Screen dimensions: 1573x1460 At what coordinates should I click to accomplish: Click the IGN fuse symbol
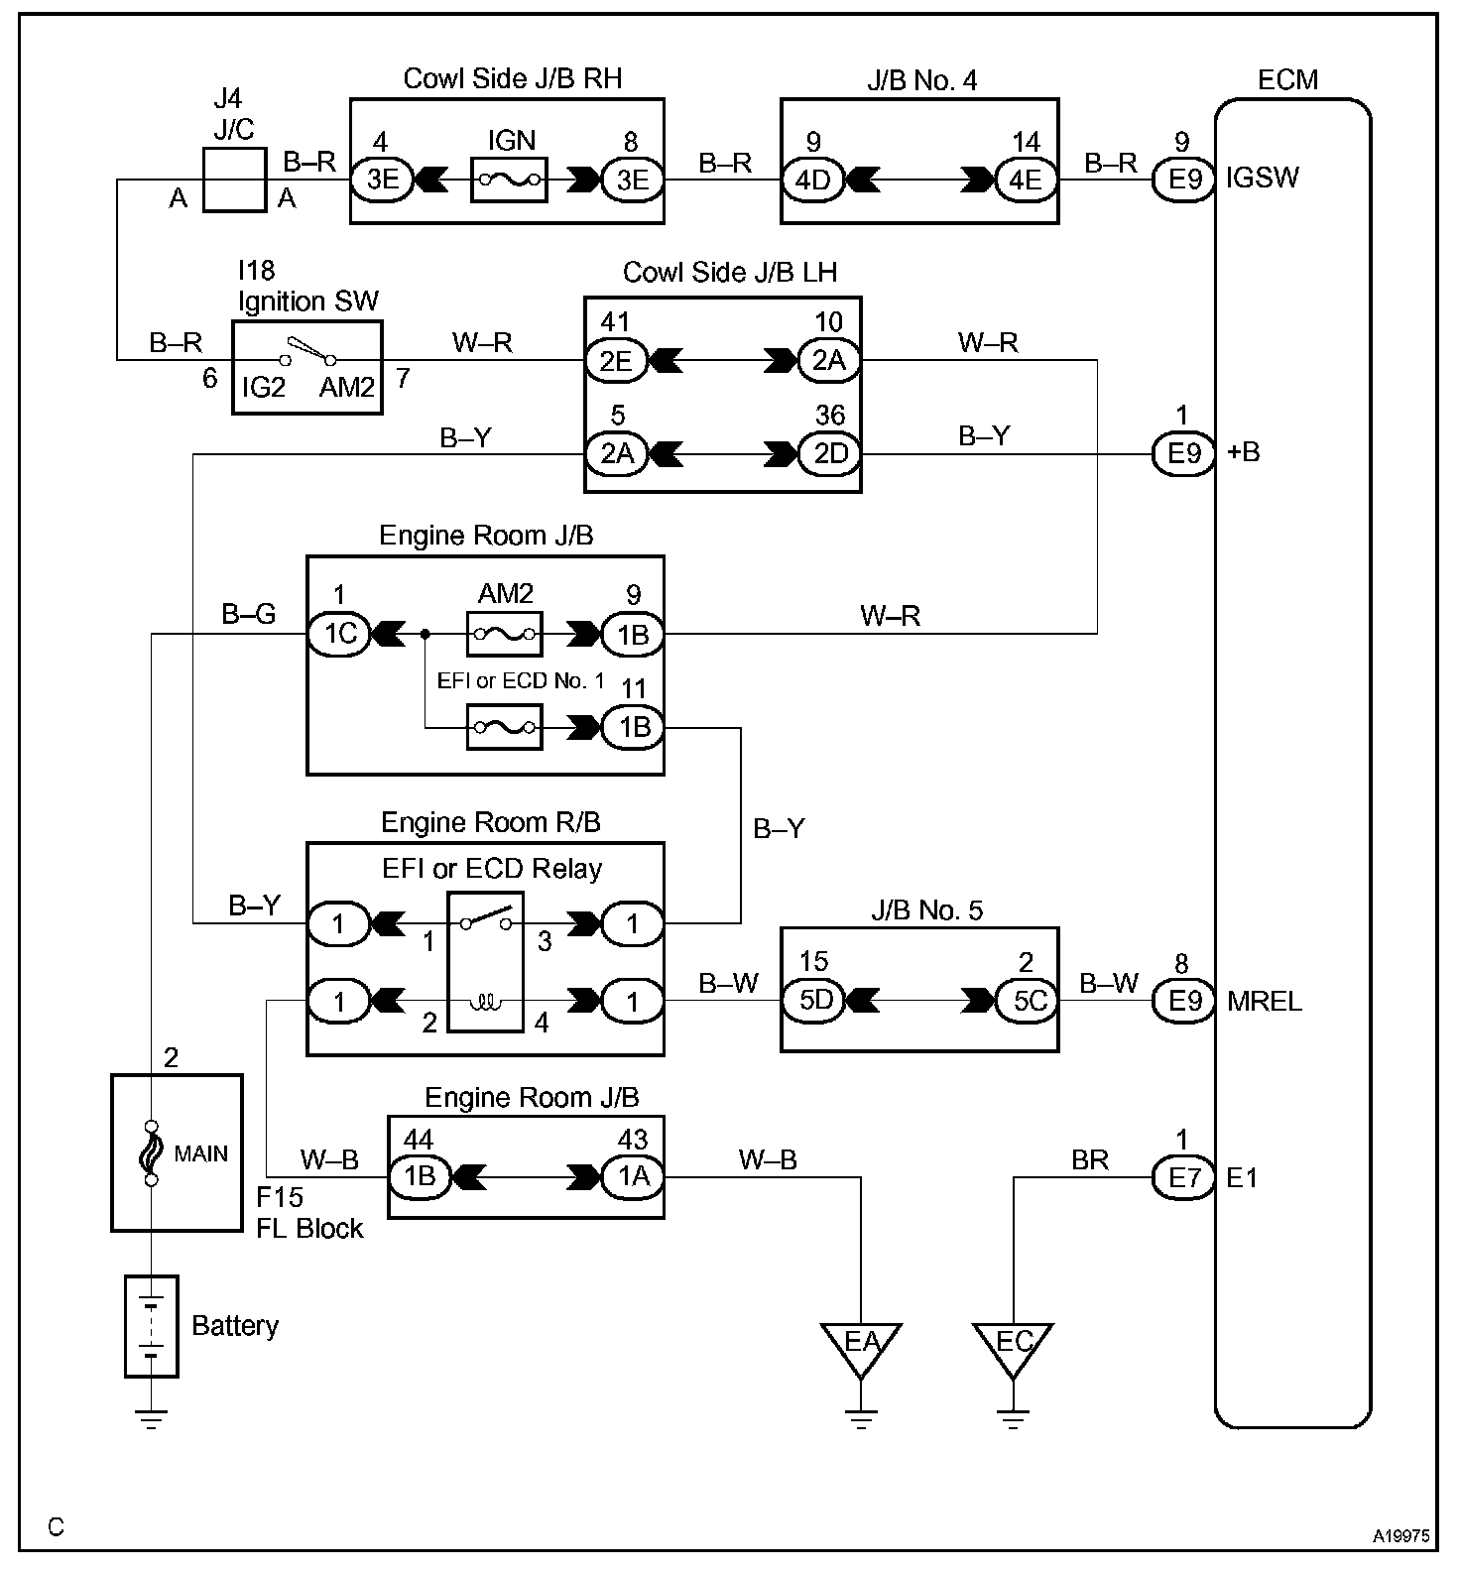(x=510, y=180)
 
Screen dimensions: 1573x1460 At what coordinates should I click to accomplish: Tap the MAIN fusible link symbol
(x=152, y=1153)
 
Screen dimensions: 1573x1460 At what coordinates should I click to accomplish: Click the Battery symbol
(x=152, y=1326)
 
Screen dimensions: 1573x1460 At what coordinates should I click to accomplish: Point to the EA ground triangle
(x=861, y=1346)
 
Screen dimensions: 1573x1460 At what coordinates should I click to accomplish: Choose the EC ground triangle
(x=1013, y=1346)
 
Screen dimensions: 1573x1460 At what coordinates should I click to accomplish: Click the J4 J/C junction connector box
(x=234, y=180)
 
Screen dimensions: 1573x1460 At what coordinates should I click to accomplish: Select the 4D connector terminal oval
(x=813, y=180)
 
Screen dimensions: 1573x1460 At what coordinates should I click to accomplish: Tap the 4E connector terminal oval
(x=1026, y=180)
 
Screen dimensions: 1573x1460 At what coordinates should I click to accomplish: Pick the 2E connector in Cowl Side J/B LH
(x=616, y=361)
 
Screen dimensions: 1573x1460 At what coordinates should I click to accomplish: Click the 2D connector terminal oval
(x=829, y=453)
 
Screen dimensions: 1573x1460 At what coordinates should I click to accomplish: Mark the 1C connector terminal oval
(x=340, y=634)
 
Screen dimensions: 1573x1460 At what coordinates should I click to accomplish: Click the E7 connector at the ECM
(x=1184, y=1178)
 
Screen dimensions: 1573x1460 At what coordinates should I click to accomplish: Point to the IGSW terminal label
(x=1262, y=180)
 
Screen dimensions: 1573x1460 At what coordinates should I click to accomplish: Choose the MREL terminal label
(x=1264, y=1001)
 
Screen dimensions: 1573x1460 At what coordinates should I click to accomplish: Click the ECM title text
(x=1287, y=80)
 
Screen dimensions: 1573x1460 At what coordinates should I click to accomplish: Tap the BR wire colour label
(x=1089, y=1159)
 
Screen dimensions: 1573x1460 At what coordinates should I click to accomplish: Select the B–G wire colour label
(x=248, y=615)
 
